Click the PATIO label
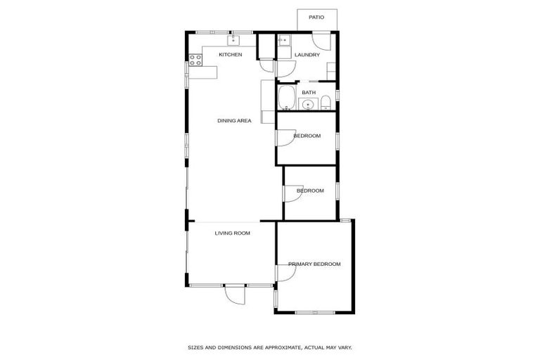(x=316, y=16)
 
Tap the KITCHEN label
(x=231, y=54)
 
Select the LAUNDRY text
(x=307, y=54)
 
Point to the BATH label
(x=309, y=92)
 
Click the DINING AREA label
(x=234, y=120)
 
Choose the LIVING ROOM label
(x=233, y=233)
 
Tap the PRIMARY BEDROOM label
(x=314, y=264)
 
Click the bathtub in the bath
(x=286, y=98)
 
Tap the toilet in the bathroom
(x=325, y=105)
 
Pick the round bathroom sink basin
(x=307, y=105)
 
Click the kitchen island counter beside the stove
(x=210, y=72)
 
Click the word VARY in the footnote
(x=343, y=347)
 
